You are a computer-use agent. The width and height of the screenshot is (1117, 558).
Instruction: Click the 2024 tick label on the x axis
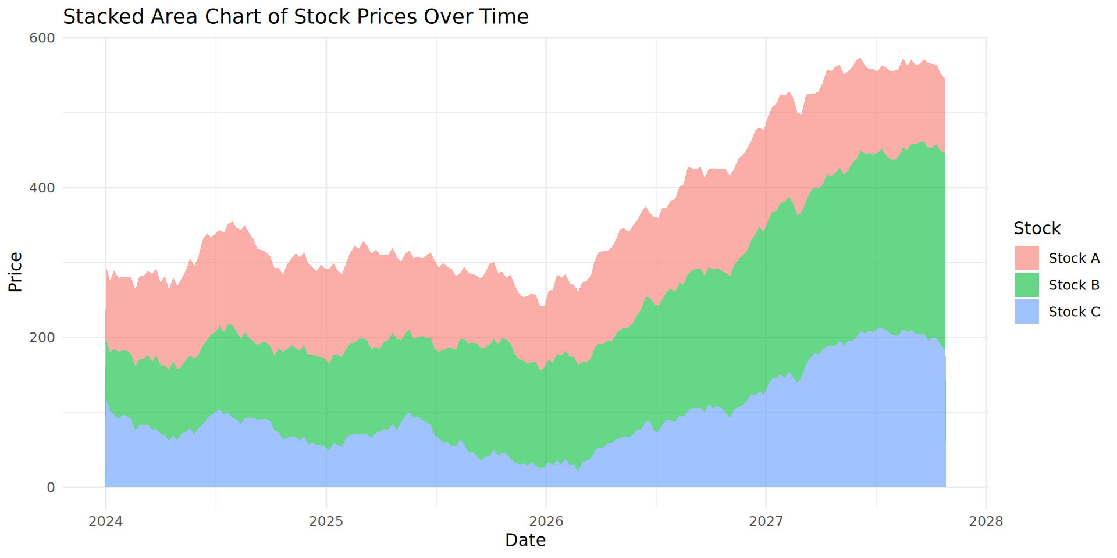coord(105,521)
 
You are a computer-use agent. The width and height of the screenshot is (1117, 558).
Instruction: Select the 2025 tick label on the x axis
coord(326,521)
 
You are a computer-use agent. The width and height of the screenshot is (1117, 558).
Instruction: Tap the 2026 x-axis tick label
coord(546,521)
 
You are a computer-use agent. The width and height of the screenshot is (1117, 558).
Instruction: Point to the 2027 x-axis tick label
coord(766,521)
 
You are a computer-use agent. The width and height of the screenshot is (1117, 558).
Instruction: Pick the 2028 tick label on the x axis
coord(986,521)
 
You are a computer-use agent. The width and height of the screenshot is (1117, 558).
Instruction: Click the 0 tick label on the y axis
coord(51,488)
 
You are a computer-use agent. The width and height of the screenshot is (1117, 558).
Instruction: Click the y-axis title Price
coord(16,272)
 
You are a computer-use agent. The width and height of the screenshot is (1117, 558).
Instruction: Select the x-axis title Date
coord(525,541)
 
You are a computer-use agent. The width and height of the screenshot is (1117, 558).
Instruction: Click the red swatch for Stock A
coord(1026,258)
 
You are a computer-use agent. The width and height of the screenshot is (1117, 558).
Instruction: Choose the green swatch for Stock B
coord(1026,285)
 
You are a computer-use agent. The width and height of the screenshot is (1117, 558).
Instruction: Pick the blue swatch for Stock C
coord(1026,312)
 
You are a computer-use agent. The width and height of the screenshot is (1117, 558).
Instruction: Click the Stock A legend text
coord(1074,258)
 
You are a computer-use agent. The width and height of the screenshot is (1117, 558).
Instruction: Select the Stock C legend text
coord(1074,312)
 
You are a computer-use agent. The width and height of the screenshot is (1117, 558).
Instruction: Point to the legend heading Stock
coord(1037,228)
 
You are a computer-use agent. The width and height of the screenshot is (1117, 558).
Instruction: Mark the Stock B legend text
coord(1074,285)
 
